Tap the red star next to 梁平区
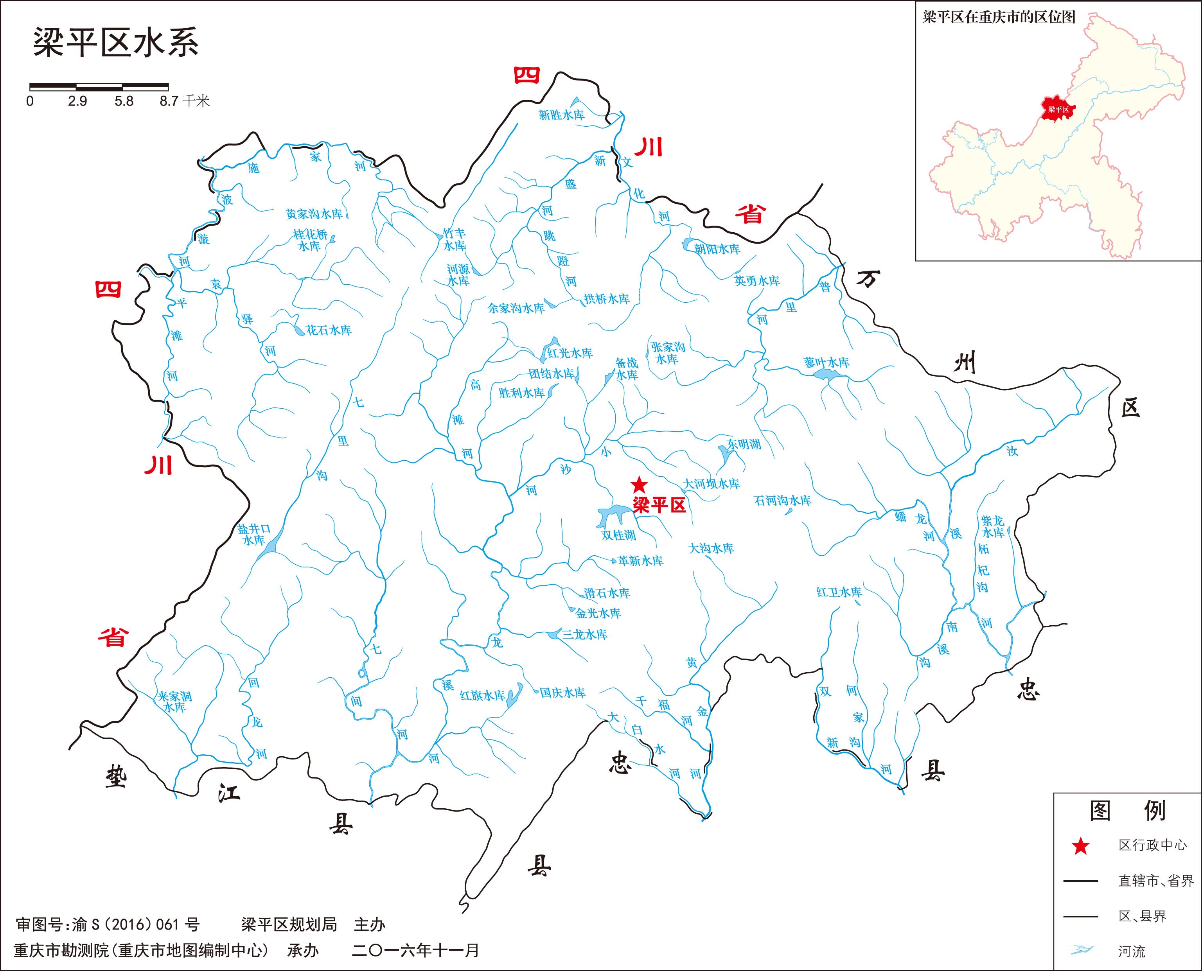tap(638, 485)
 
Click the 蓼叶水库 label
tap(826, 363)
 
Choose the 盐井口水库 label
tap(254, 534)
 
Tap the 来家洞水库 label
tap(174, 702)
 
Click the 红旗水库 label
tap(482, 696)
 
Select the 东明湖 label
tap(743, 445)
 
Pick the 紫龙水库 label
tap(993, 526)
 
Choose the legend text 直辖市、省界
tap(1155, 881)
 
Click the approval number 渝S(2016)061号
tap(135, 924)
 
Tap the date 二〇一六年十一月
tap(415, 950)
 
